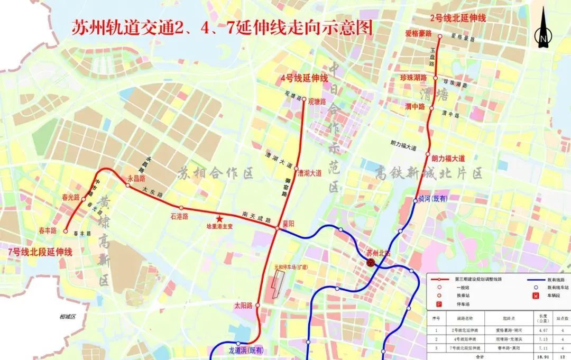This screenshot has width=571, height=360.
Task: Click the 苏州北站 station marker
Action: click(371, 262)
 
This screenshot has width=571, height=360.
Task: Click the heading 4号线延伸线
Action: click(305, 78)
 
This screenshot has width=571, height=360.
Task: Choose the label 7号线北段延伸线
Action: click(40, 252)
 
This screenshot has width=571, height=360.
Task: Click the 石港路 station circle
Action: click(181, 208)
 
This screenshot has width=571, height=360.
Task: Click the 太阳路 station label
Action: click(244, 306)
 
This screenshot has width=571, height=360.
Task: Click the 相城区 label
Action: click(68, 317)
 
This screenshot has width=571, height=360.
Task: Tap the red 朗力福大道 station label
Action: click(448, 158)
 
